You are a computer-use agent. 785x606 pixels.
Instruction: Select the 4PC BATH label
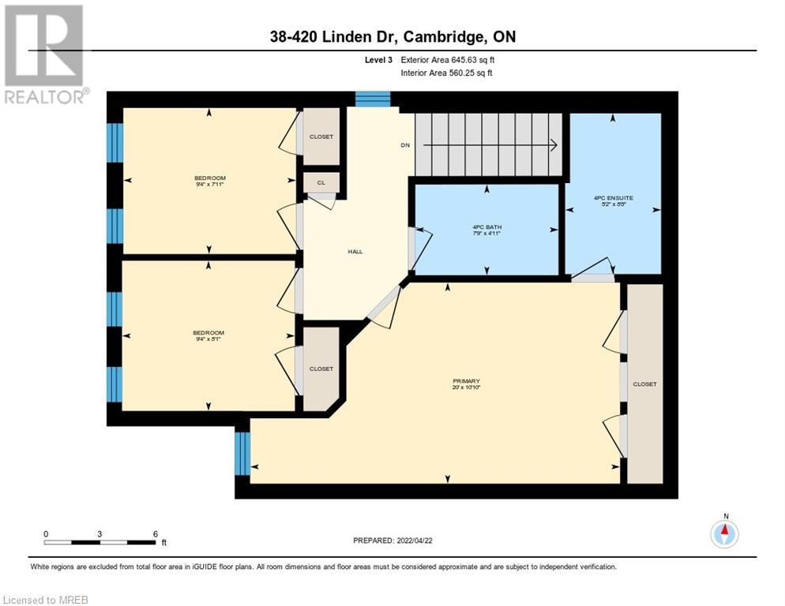pyautogui.click(x=486, y=227)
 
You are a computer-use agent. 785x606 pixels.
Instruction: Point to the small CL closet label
pyautogui.click(x=321, y=182)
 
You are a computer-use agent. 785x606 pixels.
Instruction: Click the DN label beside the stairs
pyautogui.click(x=405, y=145)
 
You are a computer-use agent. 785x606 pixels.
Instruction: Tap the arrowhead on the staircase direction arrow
pyautogui.click(x=555, y=145)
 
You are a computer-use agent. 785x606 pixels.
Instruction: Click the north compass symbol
pyautogui.click(x=724, y=534)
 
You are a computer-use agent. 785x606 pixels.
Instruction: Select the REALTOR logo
pyautogui.click(x=44, y=54)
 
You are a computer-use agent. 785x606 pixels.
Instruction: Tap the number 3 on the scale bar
pyautogui.click(x=100, y=533)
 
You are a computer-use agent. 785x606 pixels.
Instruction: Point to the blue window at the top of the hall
pyautogui.click(x=372, y=99)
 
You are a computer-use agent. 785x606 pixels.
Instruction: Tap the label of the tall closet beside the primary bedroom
pyautogui.click(x=644, y=384)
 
